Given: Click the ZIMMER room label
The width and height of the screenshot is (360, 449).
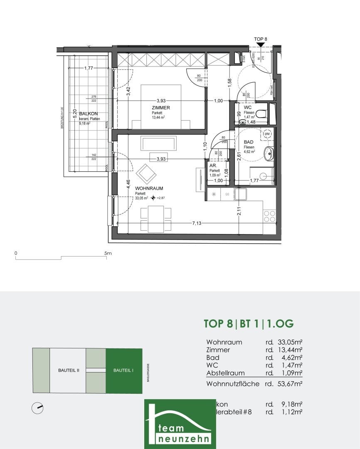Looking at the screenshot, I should point(161,108).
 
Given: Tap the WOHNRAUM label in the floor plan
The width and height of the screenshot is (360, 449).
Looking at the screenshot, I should point(149,188).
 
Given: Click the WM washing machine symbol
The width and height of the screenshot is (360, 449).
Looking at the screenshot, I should point(267,134).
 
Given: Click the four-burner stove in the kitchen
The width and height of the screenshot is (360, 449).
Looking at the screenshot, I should point(269,216).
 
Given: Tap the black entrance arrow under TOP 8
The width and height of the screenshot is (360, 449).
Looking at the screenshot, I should point(260,44).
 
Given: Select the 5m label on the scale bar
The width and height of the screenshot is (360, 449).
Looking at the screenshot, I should point(108,253).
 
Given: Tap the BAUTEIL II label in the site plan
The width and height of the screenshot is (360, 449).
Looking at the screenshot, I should point(68,370).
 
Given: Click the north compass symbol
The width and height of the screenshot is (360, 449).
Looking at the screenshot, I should point(37,408).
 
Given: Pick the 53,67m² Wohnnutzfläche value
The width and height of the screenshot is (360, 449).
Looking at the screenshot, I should point(289,384).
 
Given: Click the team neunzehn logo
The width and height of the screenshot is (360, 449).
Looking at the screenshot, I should point(180,424).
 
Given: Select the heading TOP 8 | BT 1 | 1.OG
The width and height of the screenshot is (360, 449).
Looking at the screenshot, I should point(249,323).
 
